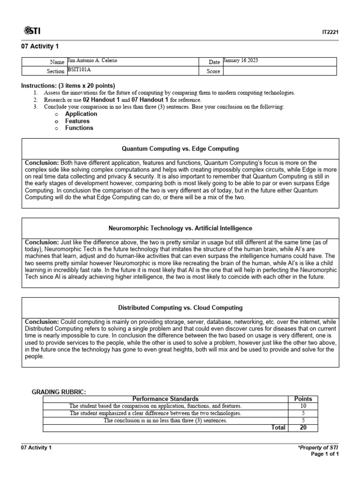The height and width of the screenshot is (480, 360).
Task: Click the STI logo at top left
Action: point(31,31)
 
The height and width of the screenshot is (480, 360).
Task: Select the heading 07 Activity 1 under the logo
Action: point(40,46)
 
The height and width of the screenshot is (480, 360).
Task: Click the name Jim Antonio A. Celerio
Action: point(92,61)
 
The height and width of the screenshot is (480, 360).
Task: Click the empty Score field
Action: point(279,71)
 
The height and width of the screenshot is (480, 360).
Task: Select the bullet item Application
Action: point(81,114)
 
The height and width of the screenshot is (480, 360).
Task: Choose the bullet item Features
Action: point(77,121)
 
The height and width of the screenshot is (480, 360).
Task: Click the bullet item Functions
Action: point(79,128)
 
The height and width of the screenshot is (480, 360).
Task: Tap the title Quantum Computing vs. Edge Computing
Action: point(180,149)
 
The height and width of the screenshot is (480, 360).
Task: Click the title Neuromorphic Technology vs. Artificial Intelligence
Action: point(180,228)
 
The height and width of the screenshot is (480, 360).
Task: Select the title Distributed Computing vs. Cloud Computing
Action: point(180,308)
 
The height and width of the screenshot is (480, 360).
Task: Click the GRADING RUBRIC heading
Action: point(59,391)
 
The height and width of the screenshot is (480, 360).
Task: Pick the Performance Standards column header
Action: point(165,399)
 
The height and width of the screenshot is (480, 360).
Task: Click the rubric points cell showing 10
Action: point(302,406)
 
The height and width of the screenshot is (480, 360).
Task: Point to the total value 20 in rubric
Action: point(302,427)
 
